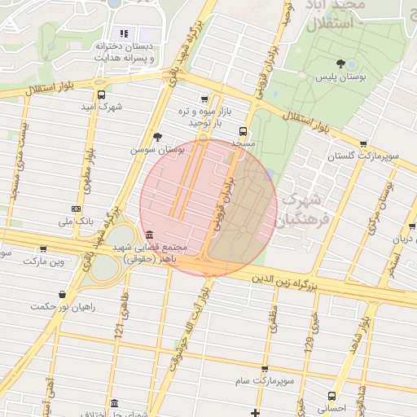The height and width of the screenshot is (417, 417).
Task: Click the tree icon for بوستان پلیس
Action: (340, 64)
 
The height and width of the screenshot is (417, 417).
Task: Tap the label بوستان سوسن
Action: (158, 151)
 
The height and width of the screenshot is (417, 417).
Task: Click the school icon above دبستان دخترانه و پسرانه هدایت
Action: (125, 33)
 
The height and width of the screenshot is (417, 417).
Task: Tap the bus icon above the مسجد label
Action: (243, 130)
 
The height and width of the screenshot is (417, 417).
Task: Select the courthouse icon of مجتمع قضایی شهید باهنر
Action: (148, 235)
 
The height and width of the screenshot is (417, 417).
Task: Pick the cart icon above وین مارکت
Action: (43, 248)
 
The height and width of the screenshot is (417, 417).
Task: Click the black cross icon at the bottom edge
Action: (256, 413)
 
